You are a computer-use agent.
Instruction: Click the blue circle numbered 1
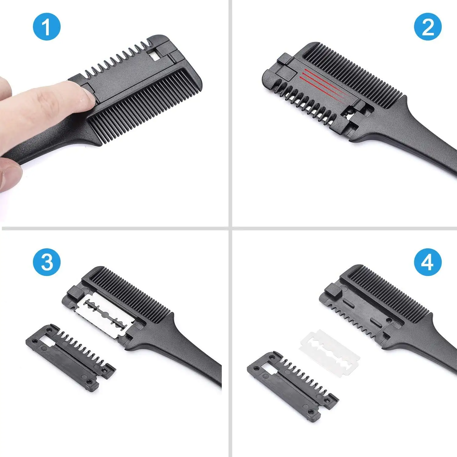point(47,27)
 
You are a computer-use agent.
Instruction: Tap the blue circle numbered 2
point(428,27)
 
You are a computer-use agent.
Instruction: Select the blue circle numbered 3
point(47,262)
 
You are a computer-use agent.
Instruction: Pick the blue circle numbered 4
point(428,262)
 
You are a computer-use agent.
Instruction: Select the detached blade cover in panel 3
point(70,356)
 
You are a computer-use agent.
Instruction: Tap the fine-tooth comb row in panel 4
point(390,292)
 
